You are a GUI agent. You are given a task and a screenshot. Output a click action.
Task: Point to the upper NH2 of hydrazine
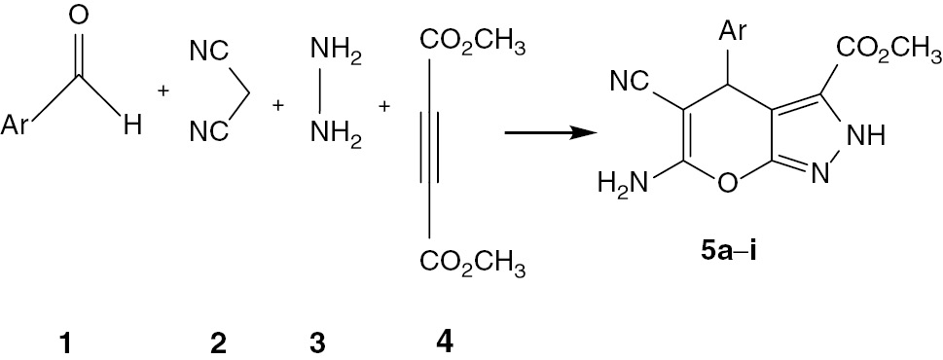(x=336, y=52)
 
